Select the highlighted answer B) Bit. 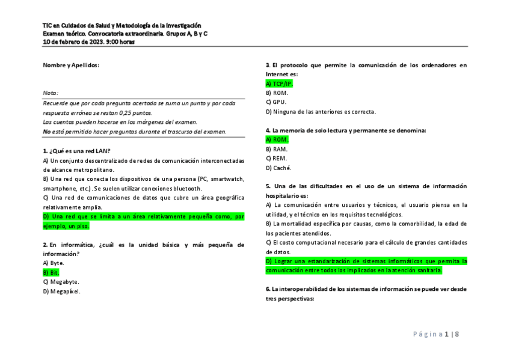pyautogui.click(x=51, y=272)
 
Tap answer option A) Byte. pyautogui.click(x=54, y=263)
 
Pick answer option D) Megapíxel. pyautogui.click(x=61, y=291)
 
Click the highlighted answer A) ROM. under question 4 pyautogui.click(x=277, y=139)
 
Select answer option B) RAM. pyautogui.click(x=277, y=149)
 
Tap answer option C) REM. pyautogui.click(x=277, y=158)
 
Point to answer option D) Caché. pyautogui.click(x=278, y=168)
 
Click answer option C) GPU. pyautogui.click(x=276, y=102)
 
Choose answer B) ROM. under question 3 pyautogui.click(x=277, y=93)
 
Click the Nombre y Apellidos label pyautogui.click(x=71, y=65)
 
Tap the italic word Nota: pyautogui.click(x=51, y=93)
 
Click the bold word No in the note pyautogui.click(x=46, y=132)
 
